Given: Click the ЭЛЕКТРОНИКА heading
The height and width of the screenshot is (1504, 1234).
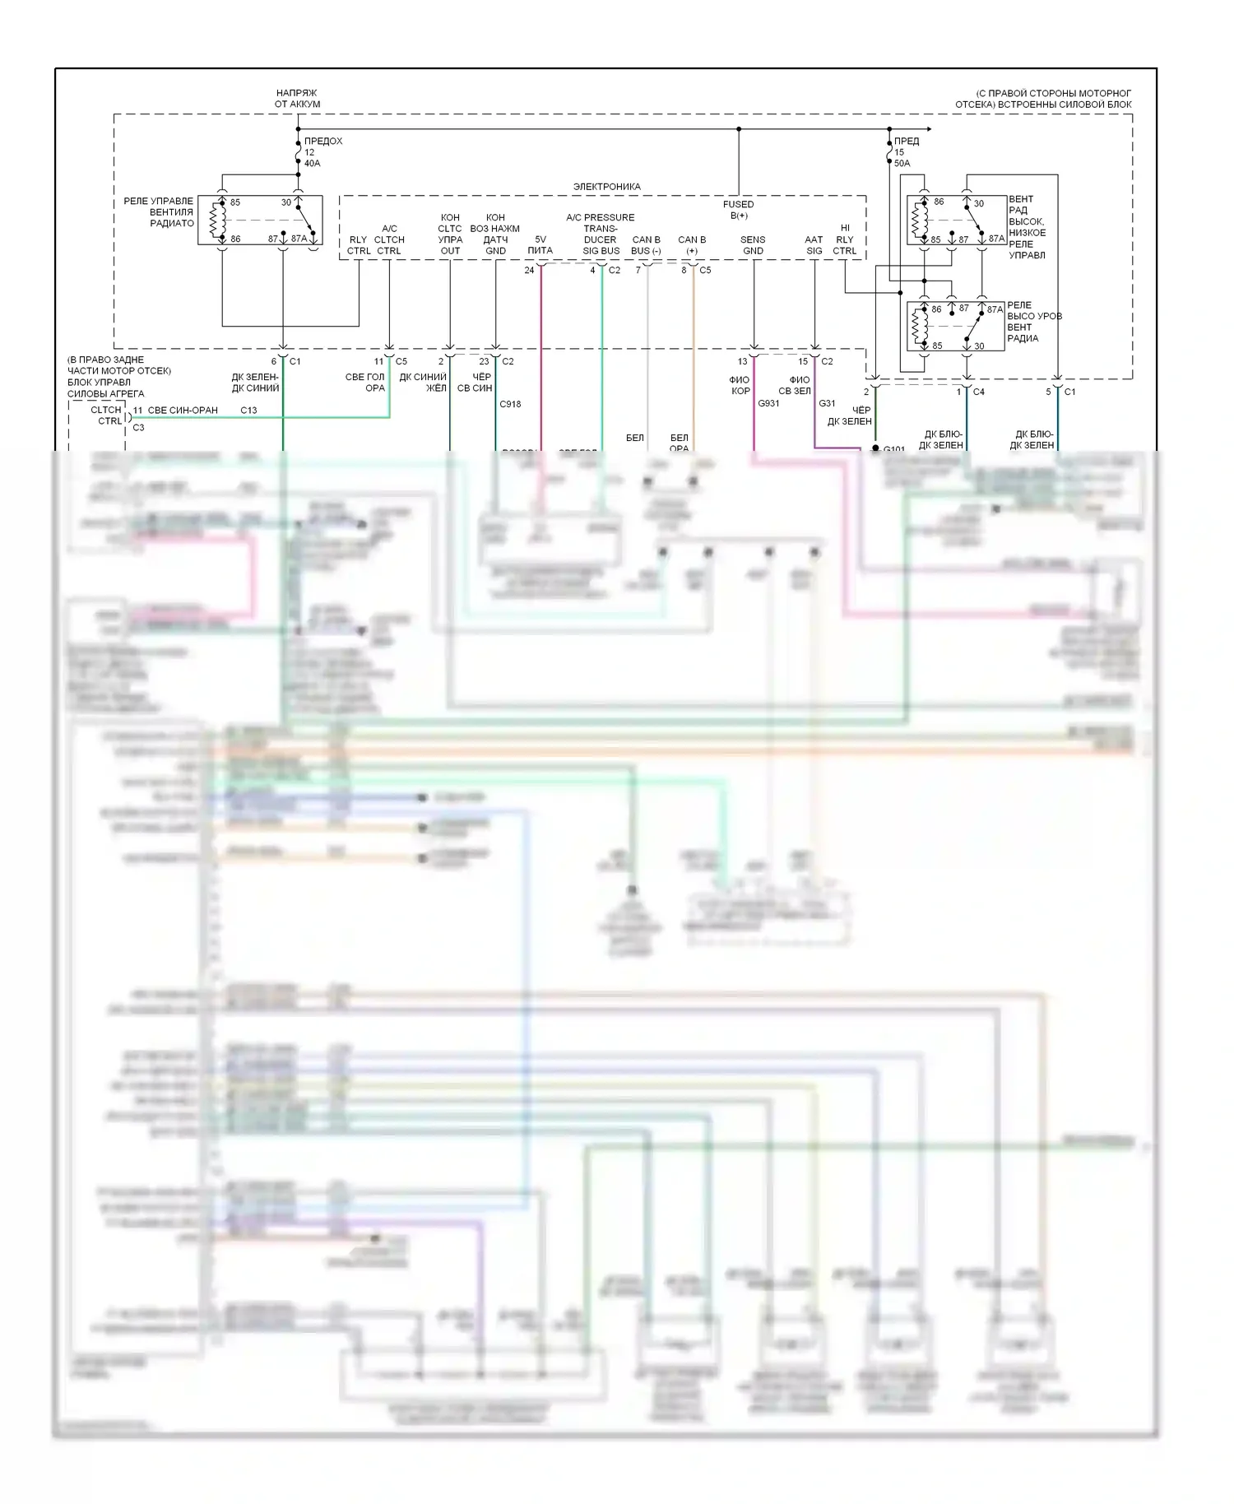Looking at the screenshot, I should tap(606, 187).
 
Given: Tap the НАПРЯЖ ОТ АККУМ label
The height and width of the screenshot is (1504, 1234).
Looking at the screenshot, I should tap(297, 99).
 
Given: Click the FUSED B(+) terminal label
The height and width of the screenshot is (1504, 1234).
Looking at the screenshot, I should tap(738, 210).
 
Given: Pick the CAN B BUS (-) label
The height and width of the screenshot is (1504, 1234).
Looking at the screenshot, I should tap(646, 245).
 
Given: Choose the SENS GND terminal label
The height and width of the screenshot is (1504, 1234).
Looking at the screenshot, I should tap(753, 245).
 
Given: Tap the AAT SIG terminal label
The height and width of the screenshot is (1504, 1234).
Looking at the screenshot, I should tap(814, 245).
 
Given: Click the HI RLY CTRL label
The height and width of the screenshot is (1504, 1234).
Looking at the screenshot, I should tap(845, 239).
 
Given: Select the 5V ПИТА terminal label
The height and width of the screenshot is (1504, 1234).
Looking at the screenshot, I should tap(540, 245).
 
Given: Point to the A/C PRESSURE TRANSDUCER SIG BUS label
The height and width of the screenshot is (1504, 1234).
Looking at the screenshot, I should tap(601, 234).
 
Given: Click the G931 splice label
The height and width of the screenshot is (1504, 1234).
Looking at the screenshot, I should tap(768, 403).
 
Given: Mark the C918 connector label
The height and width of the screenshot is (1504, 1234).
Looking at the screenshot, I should tap(510, 404).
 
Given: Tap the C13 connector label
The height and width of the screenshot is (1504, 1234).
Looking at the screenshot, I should tap(248, 410).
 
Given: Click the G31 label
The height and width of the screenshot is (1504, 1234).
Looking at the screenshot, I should tap(827, 403).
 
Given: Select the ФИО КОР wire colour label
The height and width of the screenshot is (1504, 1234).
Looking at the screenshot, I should tap(740, 385).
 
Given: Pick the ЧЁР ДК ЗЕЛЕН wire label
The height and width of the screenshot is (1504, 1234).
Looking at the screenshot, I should tap(850, 415).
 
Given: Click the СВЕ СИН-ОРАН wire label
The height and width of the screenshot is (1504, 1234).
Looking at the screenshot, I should tap(183, 410).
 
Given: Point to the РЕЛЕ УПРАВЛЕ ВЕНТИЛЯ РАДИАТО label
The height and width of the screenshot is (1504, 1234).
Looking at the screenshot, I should tap(159, 212).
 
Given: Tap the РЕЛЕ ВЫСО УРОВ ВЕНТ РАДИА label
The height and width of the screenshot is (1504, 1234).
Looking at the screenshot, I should tap(1034, 322).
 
